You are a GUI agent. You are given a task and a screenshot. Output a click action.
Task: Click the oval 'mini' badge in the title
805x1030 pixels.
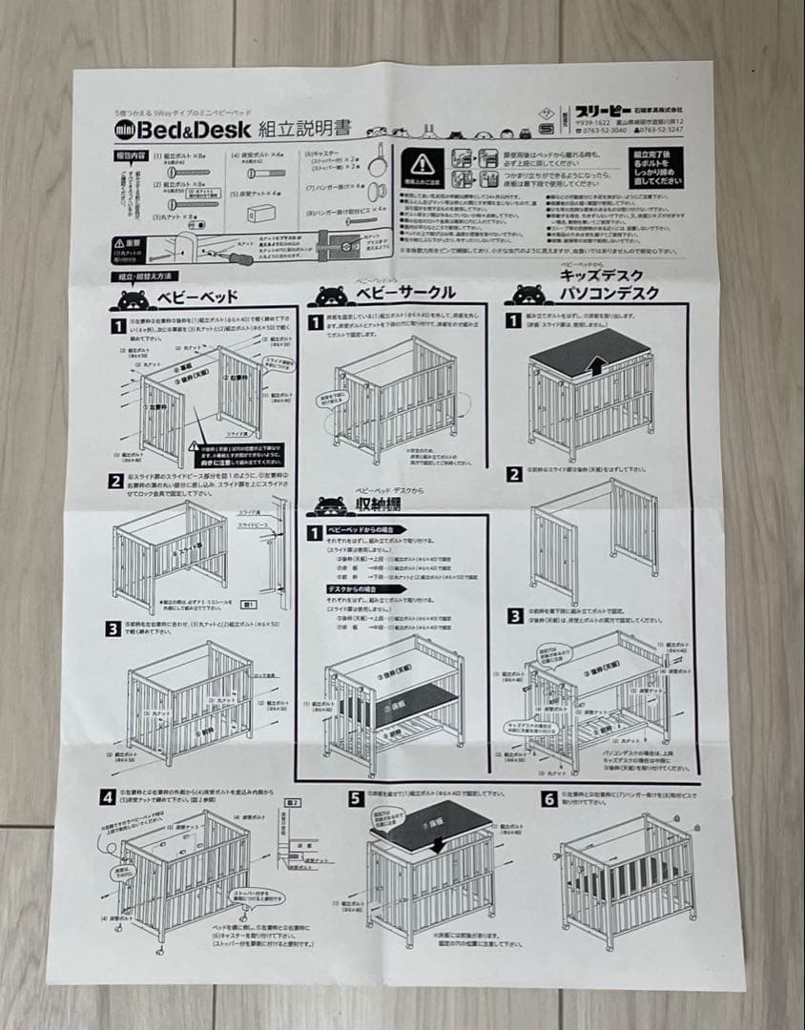pos(127,130)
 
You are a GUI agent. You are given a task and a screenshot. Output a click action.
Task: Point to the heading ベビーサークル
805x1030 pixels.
pos(404,293)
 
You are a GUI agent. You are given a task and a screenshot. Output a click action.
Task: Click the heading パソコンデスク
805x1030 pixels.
pos(609,293)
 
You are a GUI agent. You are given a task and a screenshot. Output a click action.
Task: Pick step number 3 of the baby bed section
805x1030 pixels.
pos(115,628)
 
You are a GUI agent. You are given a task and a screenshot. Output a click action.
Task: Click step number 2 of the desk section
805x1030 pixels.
pos(515,474)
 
